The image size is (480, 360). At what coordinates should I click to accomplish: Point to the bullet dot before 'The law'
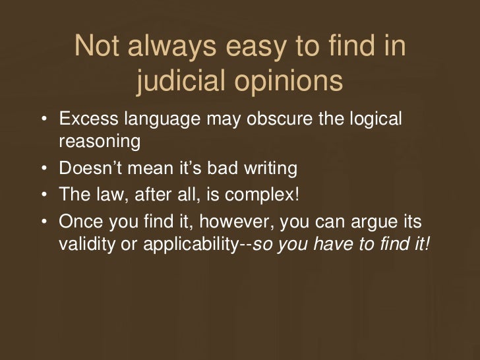click(x=43, y=196)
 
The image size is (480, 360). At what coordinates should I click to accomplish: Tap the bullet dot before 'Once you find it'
click(x=43, y=223)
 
